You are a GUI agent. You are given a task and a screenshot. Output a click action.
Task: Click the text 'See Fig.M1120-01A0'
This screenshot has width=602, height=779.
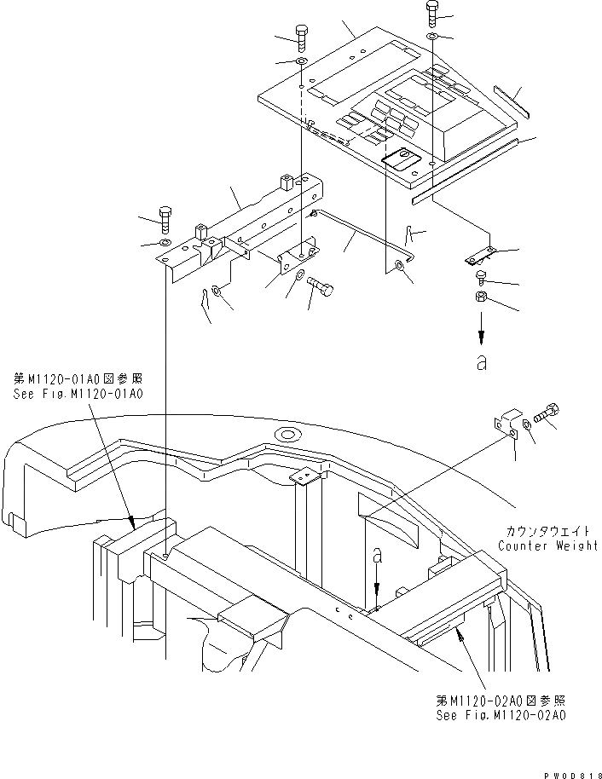(x=78, y=395)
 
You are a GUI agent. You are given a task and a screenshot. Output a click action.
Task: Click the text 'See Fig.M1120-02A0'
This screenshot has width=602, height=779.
(x=500, y=714)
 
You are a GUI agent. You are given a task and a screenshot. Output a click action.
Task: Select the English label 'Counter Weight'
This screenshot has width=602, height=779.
(x=547, y=545)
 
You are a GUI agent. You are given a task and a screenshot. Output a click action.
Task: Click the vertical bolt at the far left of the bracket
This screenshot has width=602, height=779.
(x=165, y=220)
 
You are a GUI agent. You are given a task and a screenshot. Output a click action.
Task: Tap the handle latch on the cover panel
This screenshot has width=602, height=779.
(x=398, y=159)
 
